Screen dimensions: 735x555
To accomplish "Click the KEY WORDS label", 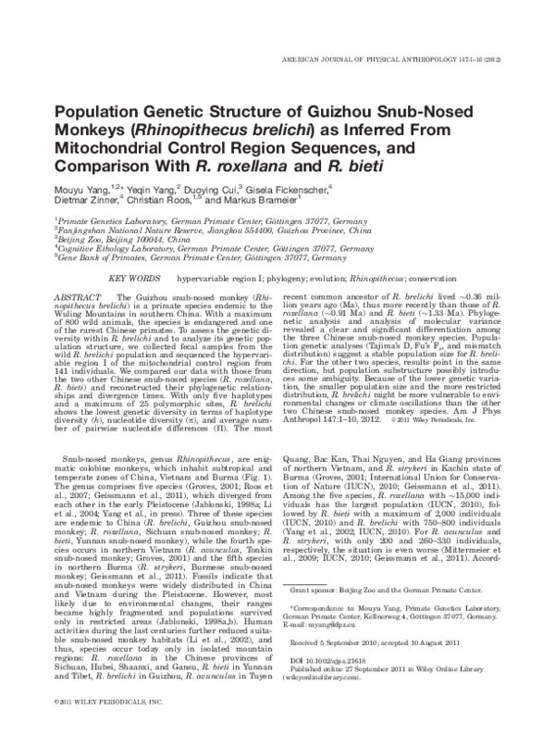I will (x=133, y=278).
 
